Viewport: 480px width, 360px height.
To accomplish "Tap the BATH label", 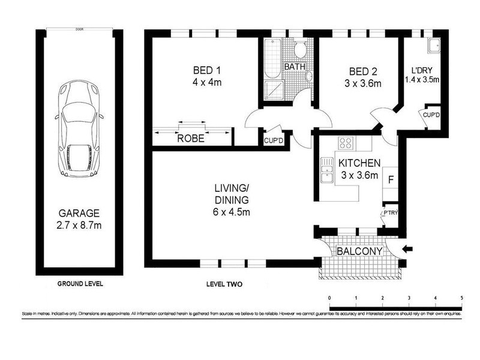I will (x=295, y=66).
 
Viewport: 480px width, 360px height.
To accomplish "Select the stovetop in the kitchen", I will (x=346, y=143).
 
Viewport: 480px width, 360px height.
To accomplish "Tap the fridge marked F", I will (x=391, y=179).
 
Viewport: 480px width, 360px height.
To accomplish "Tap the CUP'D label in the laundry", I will (x=432, y=114).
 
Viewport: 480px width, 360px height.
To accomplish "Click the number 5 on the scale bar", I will (x=461, y=297).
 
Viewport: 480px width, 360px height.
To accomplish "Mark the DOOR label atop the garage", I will (x=79, y=28).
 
